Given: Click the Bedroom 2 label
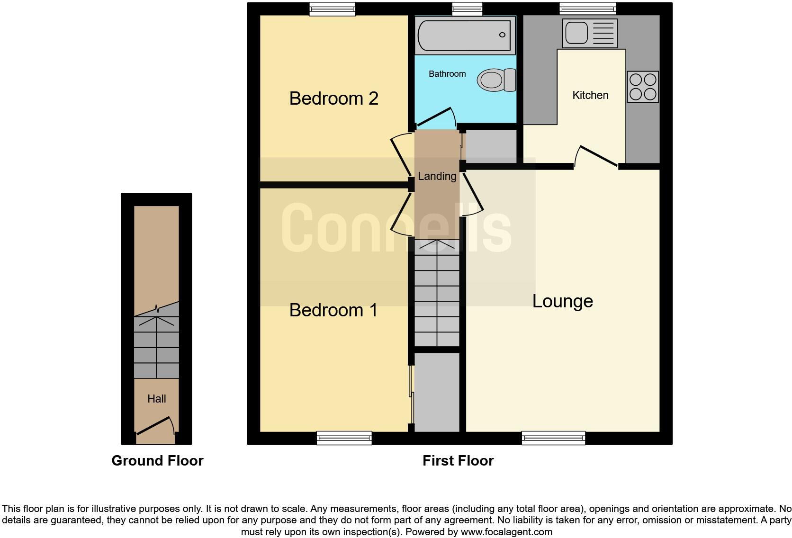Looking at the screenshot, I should coord(333,99).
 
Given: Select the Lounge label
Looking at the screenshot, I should coord(562,301).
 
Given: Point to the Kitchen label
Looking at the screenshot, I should coord(590,95).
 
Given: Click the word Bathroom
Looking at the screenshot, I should coord(447,74).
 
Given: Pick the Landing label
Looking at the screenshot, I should coord(437,176).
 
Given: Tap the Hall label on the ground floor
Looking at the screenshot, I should coord(156,399).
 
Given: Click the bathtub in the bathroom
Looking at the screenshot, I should coord(465,35).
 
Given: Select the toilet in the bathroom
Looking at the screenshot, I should coord(496,80).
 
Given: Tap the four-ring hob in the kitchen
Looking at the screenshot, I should coord(643,87).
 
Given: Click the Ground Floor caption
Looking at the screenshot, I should coord(157,460).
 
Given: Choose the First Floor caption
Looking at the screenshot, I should coord(458,460).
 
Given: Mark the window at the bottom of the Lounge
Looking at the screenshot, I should coord(553,438).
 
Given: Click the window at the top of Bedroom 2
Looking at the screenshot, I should coord(332,9).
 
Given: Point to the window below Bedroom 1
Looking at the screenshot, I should coord(344,438).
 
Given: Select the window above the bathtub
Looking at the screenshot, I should coord(467,9).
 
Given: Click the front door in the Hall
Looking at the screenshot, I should coord(154,425).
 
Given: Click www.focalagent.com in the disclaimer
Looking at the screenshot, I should coord(506,532).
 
